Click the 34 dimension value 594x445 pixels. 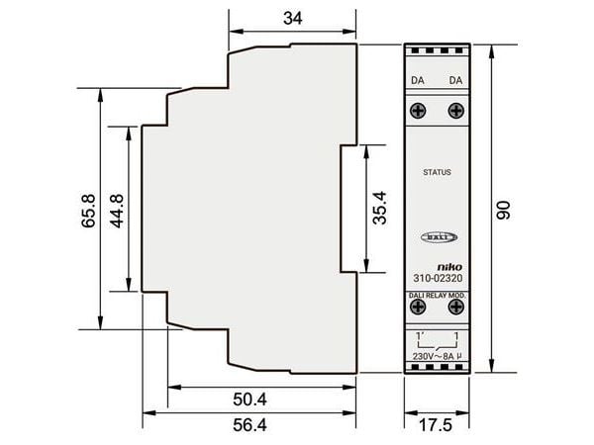click(293, 19)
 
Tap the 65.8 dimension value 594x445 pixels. click(89, 211)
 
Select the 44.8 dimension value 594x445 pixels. click(117, 211)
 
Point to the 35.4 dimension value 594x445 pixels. click(380, 208)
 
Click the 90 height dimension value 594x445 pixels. click(504, 210)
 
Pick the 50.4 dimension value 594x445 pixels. click(249, 400)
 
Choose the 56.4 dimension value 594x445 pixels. click(249, 425)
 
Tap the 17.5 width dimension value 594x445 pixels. click(436, 425)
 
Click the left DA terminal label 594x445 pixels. click(418, 81)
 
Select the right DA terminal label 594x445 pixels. click(455, 81)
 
